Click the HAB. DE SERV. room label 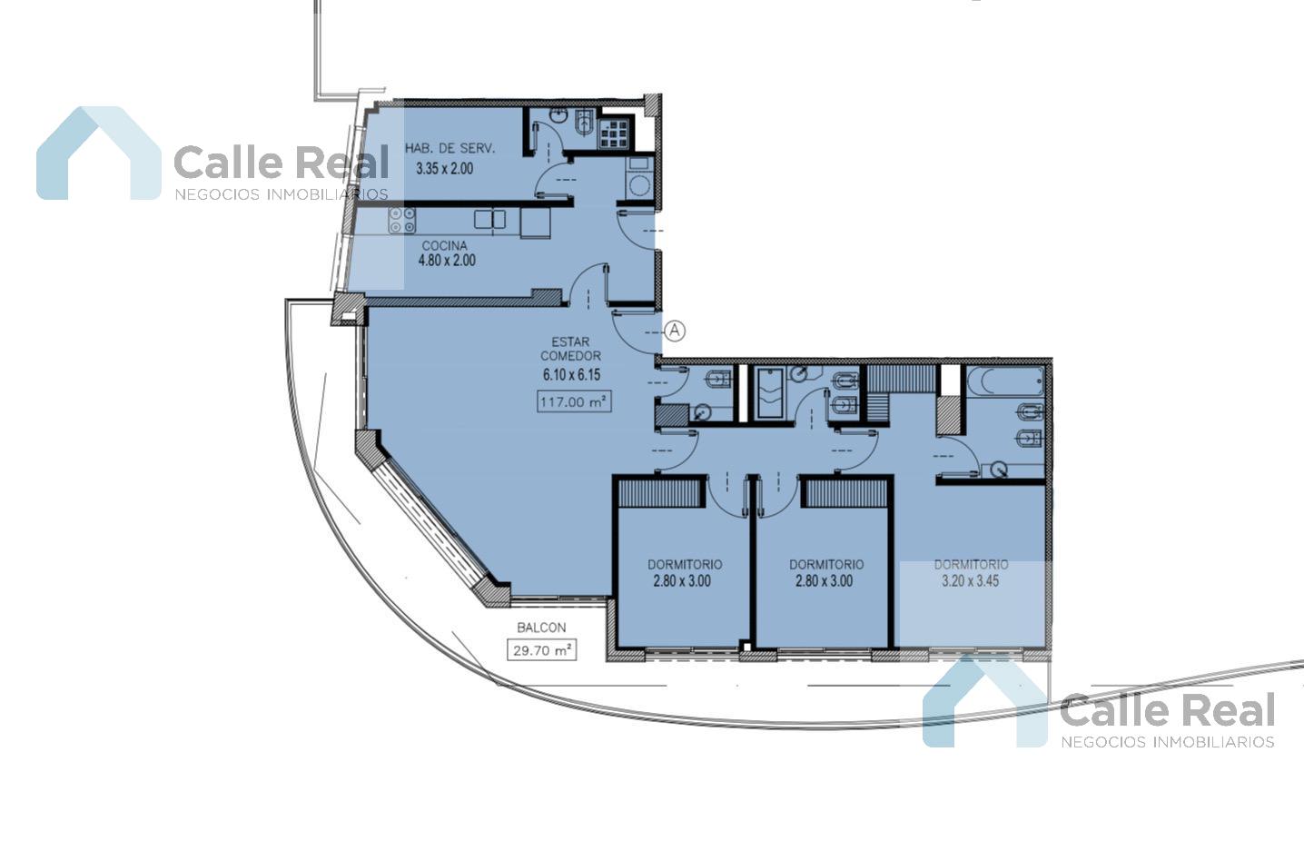tap(450, 148)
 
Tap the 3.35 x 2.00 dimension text tap(445, 169)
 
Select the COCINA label tap(445, 245)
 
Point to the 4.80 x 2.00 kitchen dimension tap(447, 260)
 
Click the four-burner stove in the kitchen tap(402, 221)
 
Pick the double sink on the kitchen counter tap(489, 220)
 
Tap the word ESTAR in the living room tap(570, 341)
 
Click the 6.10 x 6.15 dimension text tap(572, 375)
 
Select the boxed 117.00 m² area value tap(574, 401)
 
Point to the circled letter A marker tap(675, 331)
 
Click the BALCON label tap(541, 628)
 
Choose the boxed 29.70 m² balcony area tap(541, 650)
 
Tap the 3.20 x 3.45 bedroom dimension tap(971, 580)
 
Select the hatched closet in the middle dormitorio tap(845, 492)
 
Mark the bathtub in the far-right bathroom tap(1005, 381)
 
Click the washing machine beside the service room tap(640, 177)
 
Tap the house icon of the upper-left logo tap(99, 153)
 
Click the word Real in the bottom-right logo tap(1226, 710)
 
